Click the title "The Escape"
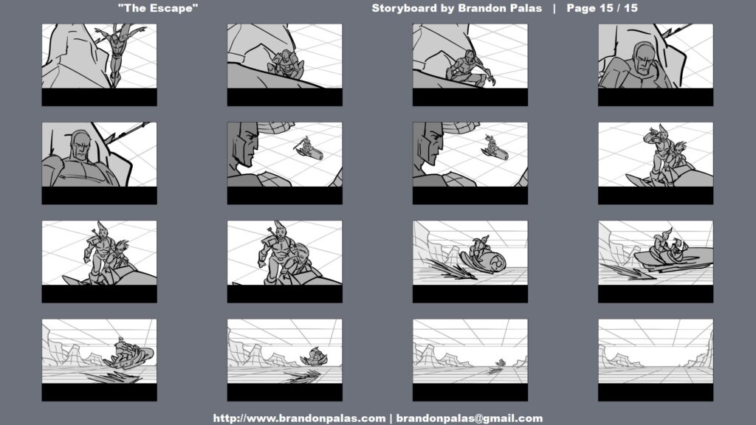[158, 8]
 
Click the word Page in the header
[581, 9]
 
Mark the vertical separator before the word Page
[554, 8]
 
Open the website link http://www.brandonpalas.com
[299, 418]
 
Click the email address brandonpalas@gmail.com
[469, 418]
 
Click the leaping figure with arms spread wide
[117, 52]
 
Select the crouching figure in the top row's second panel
[286, 65]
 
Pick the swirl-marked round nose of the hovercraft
[494, 263]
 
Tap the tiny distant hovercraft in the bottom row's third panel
[500, 363]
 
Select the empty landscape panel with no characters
[656, 350]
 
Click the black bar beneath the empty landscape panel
[656, 393]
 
